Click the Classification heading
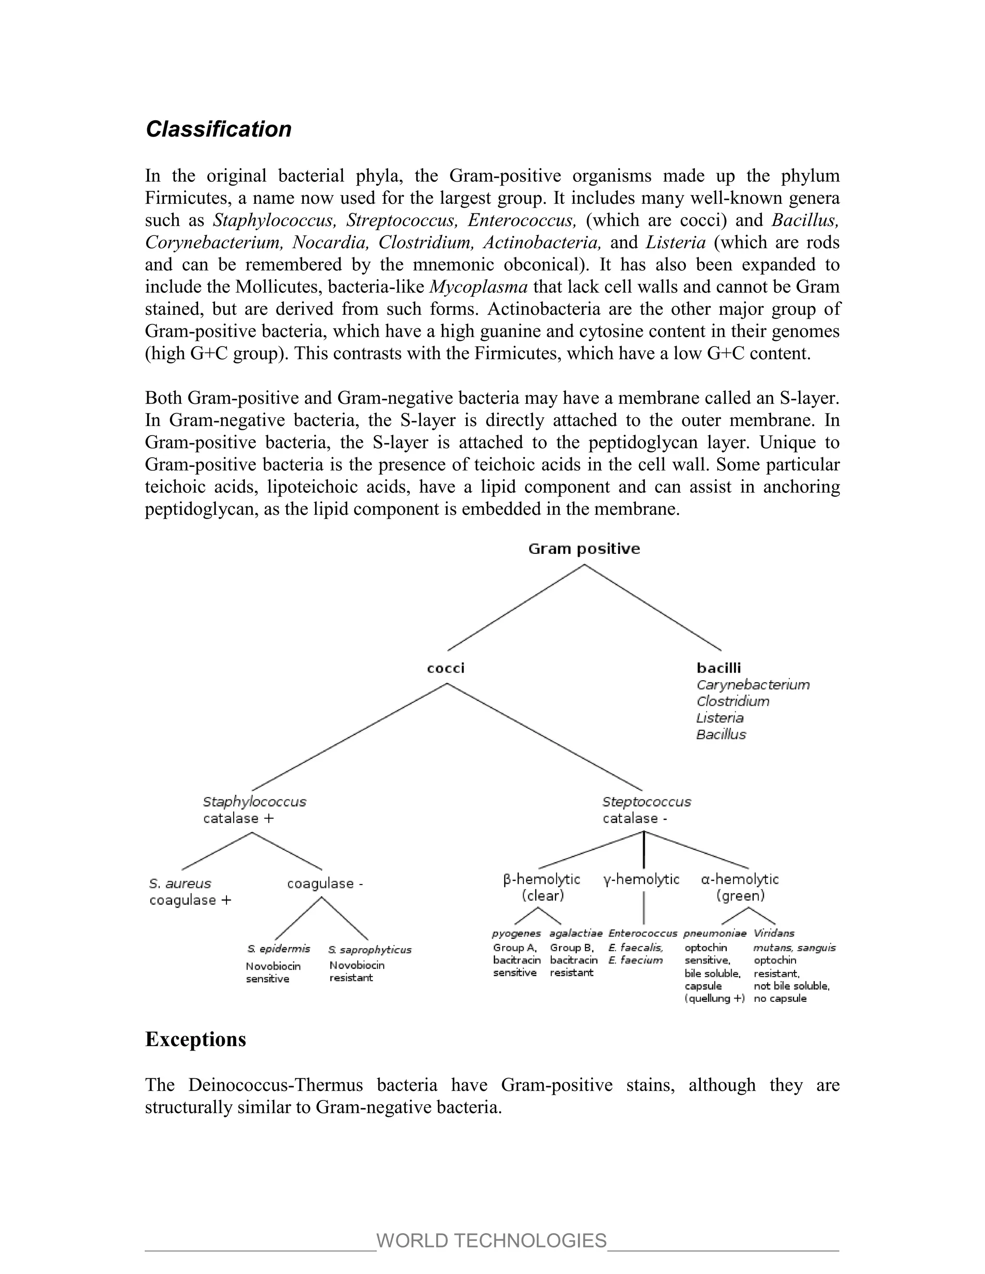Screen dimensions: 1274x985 [x=218, y=129]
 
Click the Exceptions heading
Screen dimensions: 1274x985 [x=195, y=1039]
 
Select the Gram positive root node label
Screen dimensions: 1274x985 [x=583, y=549]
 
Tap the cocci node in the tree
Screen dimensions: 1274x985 [x=446, y=668]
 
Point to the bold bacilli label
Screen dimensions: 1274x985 [x=719, y=668]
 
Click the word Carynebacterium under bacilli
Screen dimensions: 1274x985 [x=753, y=684]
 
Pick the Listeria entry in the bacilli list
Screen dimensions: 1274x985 [x=720, y=717]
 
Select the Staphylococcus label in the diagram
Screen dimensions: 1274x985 [x=254, y=801]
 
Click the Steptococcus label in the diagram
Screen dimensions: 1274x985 [x=646, y=801]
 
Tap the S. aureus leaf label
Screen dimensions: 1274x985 [x=180, y=883]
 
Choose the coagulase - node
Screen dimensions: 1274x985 [x=325, y=883]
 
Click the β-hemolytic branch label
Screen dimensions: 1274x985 [x=542, y=879]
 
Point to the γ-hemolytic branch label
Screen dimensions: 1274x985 [x=641, y=879]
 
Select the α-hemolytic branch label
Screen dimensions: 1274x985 [x=740, y=879]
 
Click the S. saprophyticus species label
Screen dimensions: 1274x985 [x=370, y=949]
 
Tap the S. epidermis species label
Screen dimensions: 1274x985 [x=278, y=949]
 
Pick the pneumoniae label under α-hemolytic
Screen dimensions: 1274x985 [x=715, y=933]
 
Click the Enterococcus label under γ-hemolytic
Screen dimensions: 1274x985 [x=643, y=933]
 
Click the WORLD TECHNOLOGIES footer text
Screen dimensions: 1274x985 [x=492, y=1240]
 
